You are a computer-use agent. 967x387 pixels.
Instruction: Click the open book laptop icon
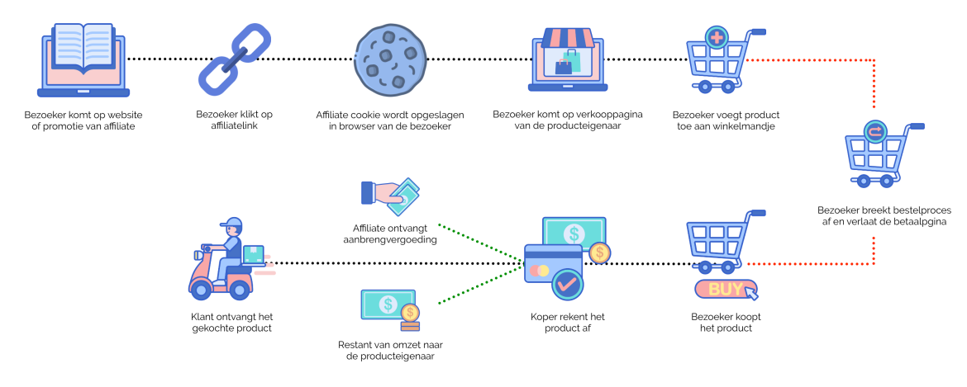83,59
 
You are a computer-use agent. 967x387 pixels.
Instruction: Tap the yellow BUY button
725,289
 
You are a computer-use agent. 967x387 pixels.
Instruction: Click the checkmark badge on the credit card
567,284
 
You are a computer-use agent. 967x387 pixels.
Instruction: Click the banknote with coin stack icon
390,311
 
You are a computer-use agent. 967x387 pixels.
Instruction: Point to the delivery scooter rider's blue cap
232,222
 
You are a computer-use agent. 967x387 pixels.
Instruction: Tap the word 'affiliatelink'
234,126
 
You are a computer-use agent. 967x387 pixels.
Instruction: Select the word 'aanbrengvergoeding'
390,239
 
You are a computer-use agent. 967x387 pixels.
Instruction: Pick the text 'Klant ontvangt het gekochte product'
231,323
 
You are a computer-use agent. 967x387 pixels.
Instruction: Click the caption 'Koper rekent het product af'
567,323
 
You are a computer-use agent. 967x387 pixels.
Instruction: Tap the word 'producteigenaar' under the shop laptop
585,126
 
